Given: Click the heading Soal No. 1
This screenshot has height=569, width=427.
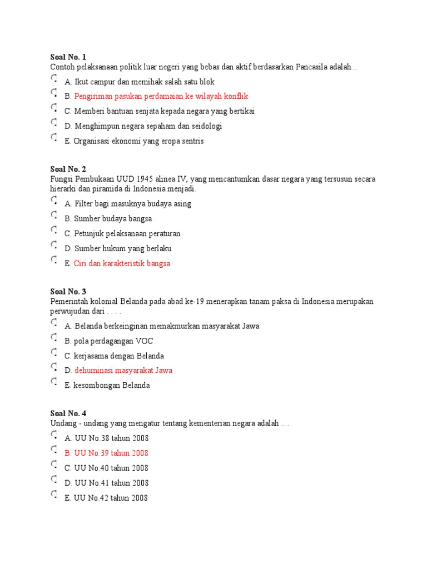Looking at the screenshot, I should pos(68,57).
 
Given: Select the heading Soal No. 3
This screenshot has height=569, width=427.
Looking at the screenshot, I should pos(68,291).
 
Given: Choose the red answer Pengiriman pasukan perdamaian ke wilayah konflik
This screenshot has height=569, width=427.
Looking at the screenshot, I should pos(161,96).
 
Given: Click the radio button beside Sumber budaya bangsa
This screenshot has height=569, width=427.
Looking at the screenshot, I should pos(53,215).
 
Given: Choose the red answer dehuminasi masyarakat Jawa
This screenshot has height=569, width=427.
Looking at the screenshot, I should pos(123,370).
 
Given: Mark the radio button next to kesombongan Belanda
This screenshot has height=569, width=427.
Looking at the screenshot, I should pos(53,382).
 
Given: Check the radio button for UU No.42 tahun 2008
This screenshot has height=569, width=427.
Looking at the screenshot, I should pos(53,495).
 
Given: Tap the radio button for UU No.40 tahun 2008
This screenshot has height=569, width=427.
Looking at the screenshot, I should pos(53,465).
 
